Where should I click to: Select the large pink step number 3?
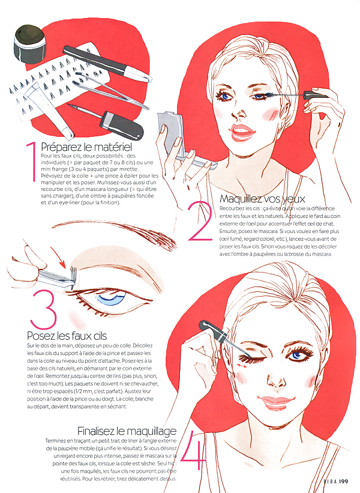pos(44,309)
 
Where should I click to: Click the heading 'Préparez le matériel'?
pos(86,147)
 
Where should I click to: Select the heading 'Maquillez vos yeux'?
pos(262,199)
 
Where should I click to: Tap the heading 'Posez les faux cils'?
pos(67,336)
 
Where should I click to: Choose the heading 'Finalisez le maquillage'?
pos(127,431)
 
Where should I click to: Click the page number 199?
pos(344,481)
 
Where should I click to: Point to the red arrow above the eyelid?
pos(58,257)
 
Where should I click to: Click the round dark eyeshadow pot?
pos(29,44)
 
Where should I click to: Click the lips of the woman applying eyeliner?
pos(277,402)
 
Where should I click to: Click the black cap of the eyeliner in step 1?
pos(122,126)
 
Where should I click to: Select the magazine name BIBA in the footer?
pos(330,481)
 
